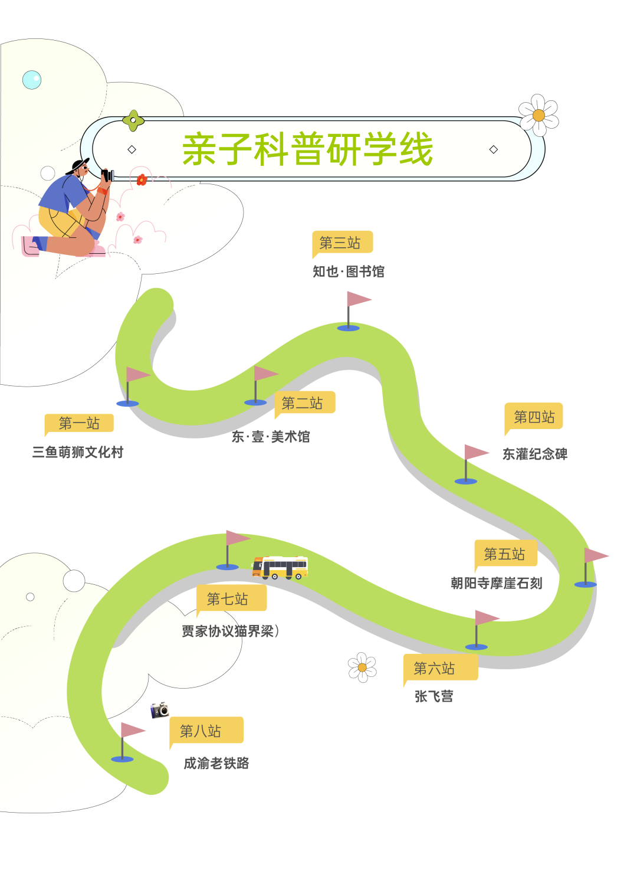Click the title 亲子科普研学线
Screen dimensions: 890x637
[307, 149]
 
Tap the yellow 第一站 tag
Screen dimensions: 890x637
[79, 423]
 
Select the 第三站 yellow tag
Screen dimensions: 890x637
[342, 243]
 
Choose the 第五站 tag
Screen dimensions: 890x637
[505, 554]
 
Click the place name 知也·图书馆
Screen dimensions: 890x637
[348, 272]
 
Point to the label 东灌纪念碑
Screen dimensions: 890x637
[535, 454]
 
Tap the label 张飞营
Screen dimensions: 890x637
[434, 696]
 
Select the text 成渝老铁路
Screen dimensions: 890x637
[216, 763]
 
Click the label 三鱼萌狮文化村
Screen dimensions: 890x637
[78, 453]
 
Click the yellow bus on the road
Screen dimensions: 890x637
[280, 567]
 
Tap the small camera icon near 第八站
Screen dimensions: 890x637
[159, 709]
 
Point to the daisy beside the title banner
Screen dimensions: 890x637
[539, 115]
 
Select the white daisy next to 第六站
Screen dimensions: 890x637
[362, 667]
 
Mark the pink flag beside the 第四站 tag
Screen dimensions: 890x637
[476, 453]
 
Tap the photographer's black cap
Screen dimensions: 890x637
[77, 165]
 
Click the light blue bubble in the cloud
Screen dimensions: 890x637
[32, 80]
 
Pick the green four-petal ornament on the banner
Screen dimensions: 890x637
[133, 120]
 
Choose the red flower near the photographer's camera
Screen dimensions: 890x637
[142, 179]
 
